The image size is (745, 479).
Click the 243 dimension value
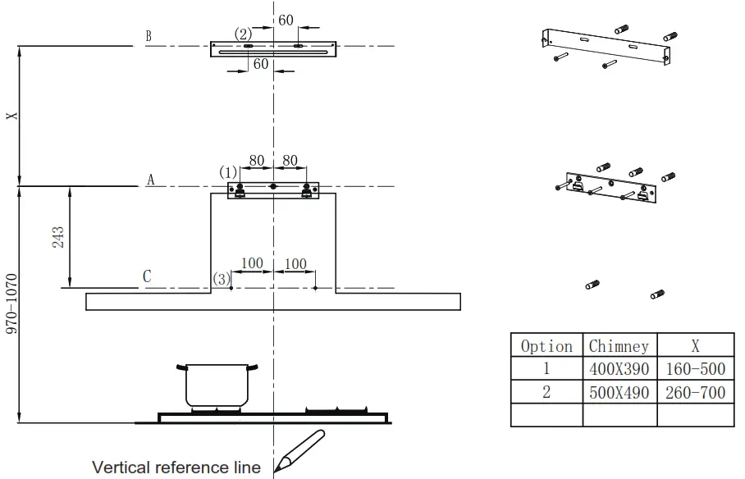click(57, 237)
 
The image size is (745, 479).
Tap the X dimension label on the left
click(11, 116)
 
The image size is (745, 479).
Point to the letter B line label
click(148, 36)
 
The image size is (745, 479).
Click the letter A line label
click(150, 180)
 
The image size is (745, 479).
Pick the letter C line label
click(148, 276)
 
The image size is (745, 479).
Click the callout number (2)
click(243, 34)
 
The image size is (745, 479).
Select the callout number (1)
click(227, 172)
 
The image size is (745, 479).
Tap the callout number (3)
click(221, 279)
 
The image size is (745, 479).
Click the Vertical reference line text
click(176, 468)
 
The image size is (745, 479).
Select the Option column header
click(546, 346)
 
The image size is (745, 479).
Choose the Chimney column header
click(619, 346)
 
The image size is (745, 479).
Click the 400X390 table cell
click(619, 369)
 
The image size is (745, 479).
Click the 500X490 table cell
click(619, 393)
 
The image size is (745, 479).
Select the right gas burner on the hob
click(337, 409)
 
